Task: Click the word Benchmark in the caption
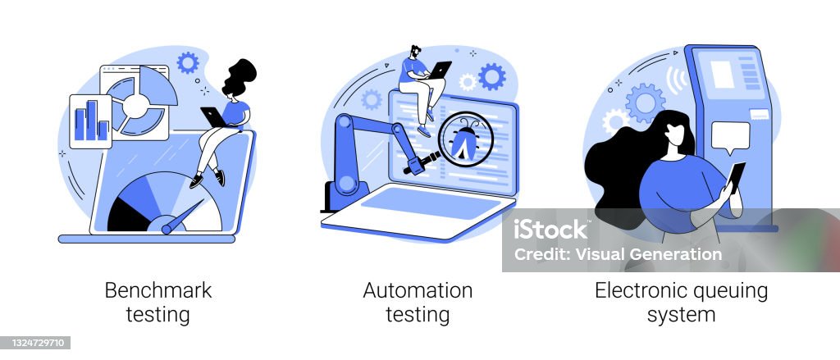point(158,290)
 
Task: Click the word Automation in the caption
point(418,290)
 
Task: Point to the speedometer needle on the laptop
point(182,217)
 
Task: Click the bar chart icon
point(90,121)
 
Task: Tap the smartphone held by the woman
point(736,176)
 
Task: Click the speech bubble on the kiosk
point(730,137)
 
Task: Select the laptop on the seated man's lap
point(441,70)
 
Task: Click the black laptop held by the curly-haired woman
point(213,117)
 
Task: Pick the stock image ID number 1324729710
point(35,342)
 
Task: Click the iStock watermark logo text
point(550,230)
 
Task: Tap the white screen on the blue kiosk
point(722,75)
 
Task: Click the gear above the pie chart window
point(188,62)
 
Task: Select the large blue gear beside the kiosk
point(645,103)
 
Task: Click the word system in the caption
point(682,314)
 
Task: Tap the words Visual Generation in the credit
point(649,254)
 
